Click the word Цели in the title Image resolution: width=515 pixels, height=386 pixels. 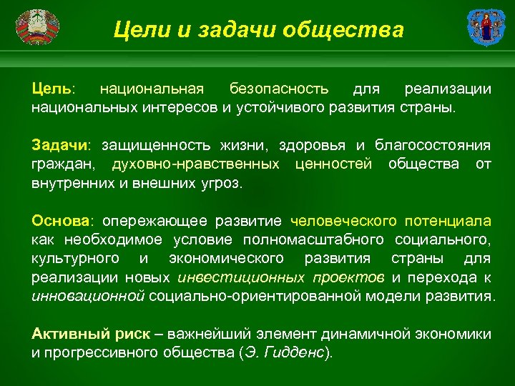coord(138,30)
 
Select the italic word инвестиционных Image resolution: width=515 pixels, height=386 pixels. coord(228,277)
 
